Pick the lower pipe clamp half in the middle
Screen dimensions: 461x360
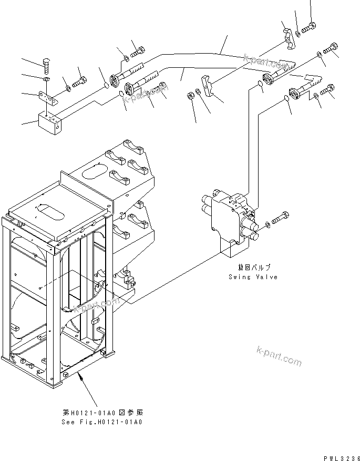click(208, 86)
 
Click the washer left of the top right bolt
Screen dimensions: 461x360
click(298, 34)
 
